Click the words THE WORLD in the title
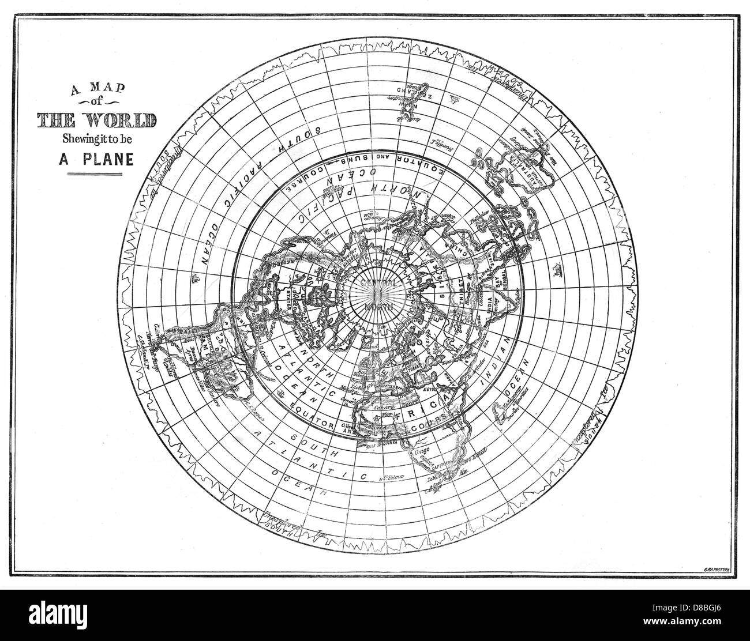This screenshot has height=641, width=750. [x=96, y=121]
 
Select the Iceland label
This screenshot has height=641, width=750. [x=369, y=348]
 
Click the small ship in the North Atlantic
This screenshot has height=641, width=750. [x=281, y=394]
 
